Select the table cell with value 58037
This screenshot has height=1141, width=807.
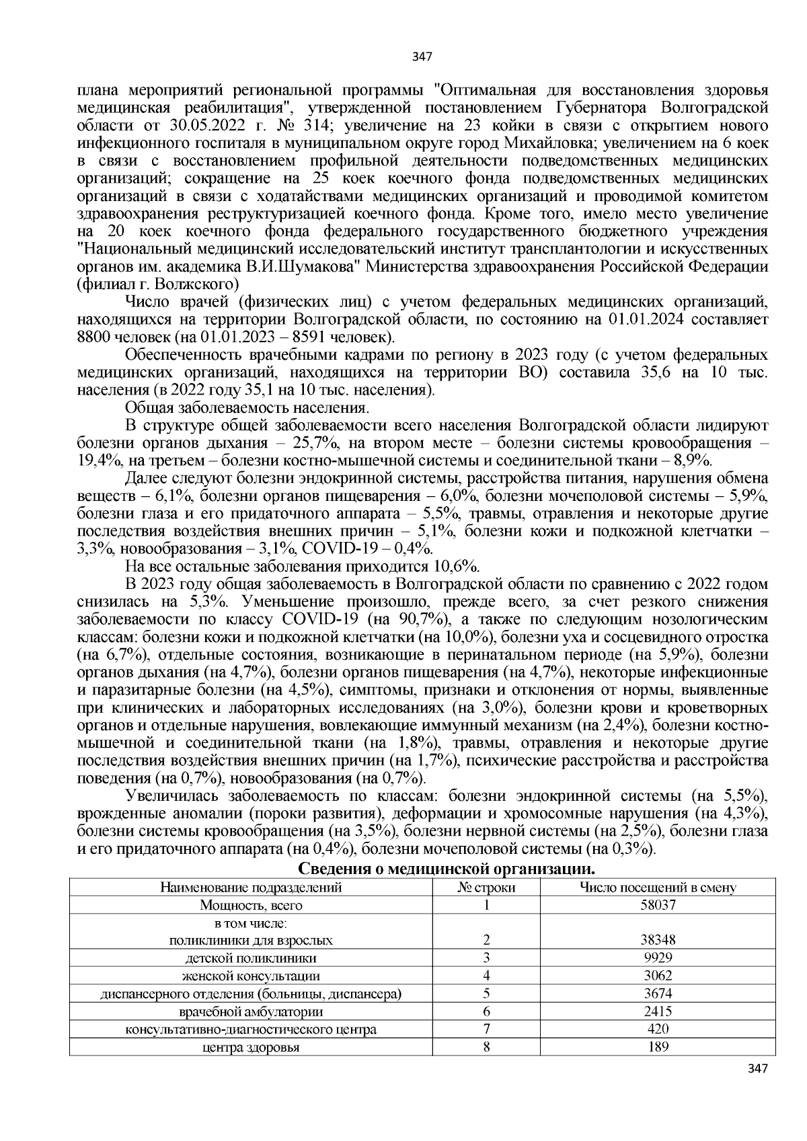click(658, 905)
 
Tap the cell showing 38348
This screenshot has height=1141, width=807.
click(658, 940)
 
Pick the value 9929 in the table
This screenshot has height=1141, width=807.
click(658, 957)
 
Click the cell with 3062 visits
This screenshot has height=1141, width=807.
click(658, 976)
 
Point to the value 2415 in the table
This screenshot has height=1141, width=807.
click(658, 1011)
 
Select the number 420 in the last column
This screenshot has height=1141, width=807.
click(658, 1029)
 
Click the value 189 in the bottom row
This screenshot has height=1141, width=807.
click(658, 1047)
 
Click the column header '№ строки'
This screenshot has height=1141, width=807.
click(486, 888)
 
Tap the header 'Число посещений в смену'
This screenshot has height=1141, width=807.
click(658, 888)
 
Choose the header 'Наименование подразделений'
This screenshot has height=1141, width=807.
click(251, 888)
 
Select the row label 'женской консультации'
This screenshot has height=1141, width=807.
click(251, 976)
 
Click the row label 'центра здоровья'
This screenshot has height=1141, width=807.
click(251, 1047)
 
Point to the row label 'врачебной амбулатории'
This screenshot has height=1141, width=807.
click(251, 1011)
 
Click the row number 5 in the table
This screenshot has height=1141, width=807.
click(486, 993)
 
